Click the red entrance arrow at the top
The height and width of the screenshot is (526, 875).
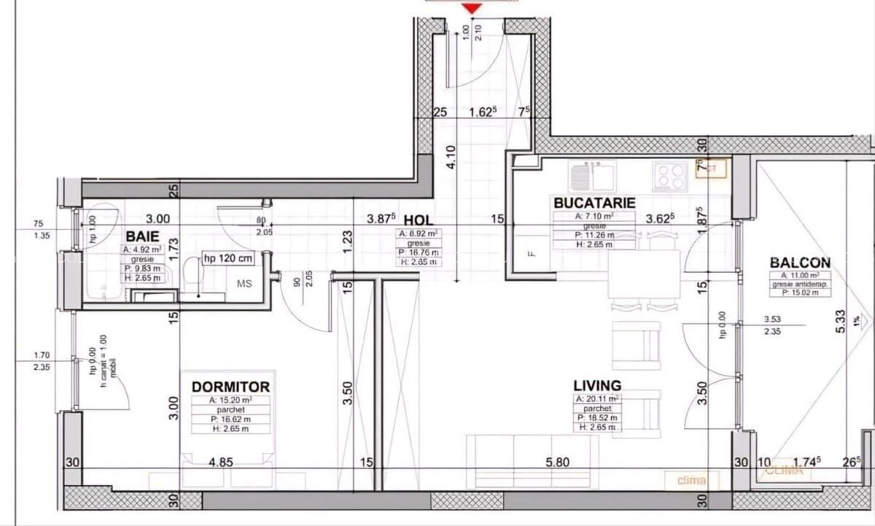[x=473, y=7]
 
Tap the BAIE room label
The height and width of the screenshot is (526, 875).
[x=143, y=236]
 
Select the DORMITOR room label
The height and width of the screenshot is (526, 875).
[x=230, y=387]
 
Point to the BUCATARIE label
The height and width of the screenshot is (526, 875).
[x=594, y=203]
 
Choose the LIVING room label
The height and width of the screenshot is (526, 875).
[x=596, y=385]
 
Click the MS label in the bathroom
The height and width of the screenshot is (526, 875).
[x=244, y=284]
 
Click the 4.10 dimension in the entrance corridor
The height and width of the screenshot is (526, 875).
[x=452, y=158]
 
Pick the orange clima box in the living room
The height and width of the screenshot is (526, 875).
[x=691, y=480]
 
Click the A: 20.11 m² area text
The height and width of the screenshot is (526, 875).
[x=596, y=399]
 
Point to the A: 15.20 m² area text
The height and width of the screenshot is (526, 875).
[x=230, y=401]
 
